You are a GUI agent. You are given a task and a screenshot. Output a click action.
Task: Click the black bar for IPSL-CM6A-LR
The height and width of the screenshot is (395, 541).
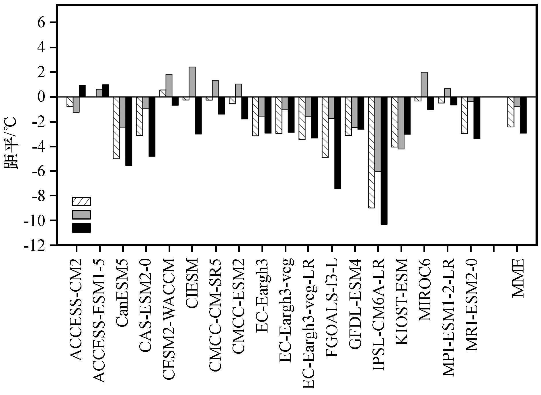point(384,161)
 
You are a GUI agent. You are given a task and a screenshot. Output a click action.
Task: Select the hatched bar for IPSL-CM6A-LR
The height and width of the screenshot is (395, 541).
point(372,152)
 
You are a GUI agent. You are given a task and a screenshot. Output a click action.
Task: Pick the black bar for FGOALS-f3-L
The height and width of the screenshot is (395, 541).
point(338,143)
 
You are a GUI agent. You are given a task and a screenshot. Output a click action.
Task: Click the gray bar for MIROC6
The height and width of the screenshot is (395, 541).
point(424,84)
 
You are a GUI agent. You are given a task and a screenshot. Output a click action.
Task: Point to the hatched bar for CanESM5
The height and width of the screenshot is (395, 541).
point(116,128)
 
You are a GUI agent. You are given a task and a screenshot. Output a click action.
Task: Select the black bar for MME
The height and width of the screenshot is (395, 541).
point(523,115)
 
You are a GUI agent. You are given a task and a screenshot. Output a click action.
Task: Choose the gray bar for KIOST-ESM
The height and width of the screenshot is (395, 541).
point(401,123)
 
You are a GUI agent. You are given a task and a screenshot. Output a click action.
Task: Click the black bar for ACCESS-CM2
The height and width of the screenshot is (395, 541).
point(82,91)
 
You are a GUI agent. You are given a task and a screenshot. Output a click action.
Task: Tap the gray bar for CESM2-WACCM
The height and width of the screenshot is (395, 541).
point(169,86)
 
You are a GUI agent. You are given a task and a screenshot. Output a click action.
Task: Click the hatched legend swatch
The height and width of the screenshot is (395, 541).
point(81,201)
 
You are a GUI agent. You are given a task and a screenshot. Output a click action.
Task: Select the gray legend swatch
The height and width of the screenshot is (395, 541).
point(81,215)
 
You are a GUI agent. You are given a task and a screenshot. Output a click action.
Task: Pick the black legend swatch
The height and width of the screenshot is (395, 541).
point(81,228)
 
